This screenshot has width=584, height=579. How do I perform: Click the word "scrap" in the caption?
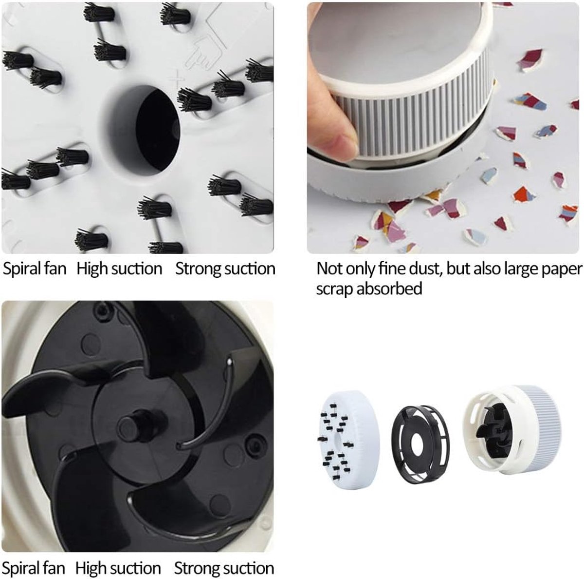click(334, 289)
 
